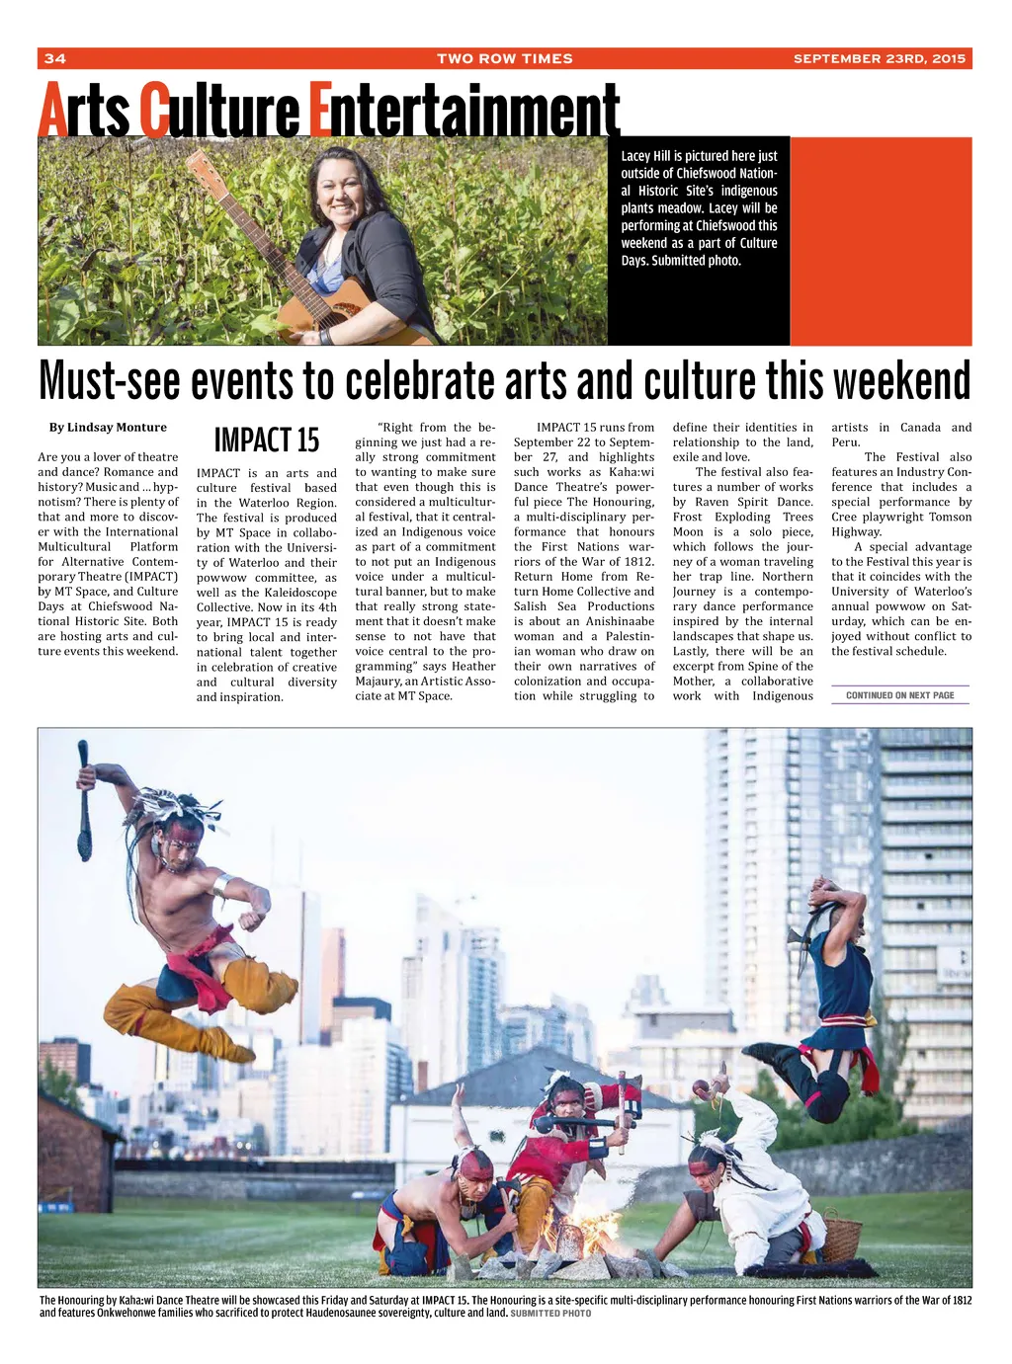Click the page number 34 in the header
pos(54,58)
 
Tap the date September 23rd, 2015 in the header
pos(879,58)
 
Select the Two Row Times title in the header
pos(504,58)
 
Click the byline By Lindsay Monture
pos(108,428)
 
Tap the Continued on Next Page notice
pos(899,695)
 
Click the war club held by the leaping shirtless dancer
pos(86,800)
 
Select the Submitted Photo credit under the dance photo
pos(550,1314)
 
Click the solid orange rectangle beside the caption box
pos(881,240)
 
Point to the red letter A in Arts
pos(51,112)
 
